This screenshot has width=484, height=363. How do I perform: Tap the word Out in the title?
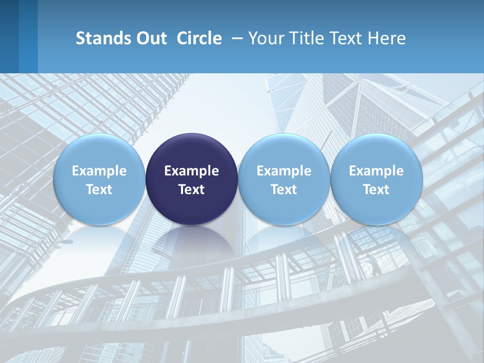[x=151, y=38]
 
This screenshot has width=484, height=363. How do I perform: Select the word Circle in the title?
[x=199, y=38]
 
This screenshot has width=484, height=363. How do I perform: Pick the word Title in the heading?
[x=304, y=38]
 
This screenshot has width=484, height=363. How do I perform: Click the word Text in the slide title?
[x=344, y=38]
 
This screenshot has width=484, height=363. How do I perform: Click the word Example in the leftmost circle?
[x=99, y=171]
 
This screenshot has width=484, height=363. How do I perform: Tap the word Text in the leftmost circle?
[x=99, y=190]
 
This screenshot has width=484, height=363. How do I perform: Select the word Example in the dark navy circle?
[x=192, y=171]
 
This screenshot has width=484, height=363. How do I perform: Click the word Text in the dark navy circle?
[x=192, y=190]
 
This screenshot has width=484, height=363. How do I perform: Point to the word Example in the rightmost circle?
[x=376, y=171]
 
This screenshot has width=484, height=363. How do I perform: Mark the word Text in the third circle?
[x=284, y=190]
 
